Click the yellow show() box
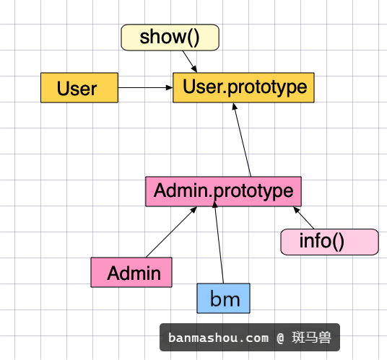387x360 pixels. coord(170,38)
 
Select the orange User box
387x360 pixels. coord(79,87)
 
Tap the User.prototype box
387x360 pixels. coord(243,87)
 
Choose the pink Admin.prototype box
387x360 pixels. coord(223,191)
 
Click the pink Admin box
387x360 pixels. coord(131,272)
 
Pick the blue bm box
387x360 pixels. coord(223,299)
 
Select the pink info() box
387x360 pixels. coord(329,242)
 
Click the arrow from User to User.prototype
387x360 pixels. coord(146,87)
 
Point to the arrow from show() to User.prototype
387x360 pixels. coord(190,61)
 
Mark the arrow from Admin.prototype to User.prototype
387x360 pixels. coord(242,140)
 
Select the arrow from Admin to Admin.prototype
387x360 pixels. coord(171,232)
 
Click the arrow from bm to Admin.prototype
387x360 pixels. coord(219,242)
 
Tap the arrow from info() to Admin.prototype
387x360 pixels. coord(303,218)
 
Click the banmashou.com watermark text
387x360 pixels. coord(219,338)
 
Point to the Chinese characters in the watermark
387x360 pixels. coord(311,338)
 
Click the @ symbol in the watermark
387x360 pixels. coord(280,338)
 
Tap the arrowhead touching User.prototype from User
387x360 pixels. coord(170,87)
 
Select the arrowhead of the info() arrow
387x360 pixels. coord(296,210)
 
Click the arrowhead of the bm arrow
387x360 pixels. coord(214,204)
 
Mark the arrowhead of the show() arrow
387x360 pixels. coord(194,69)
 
